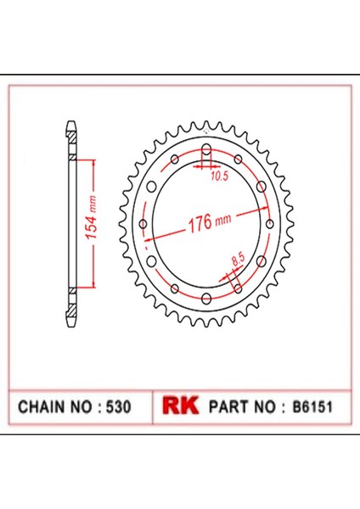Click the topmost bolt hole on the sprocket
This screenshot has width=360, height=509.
pyautogui.click(x=206, y=151)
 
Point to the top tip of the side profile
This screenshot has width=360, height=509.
pyautogui.click(x=71, y=125)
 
